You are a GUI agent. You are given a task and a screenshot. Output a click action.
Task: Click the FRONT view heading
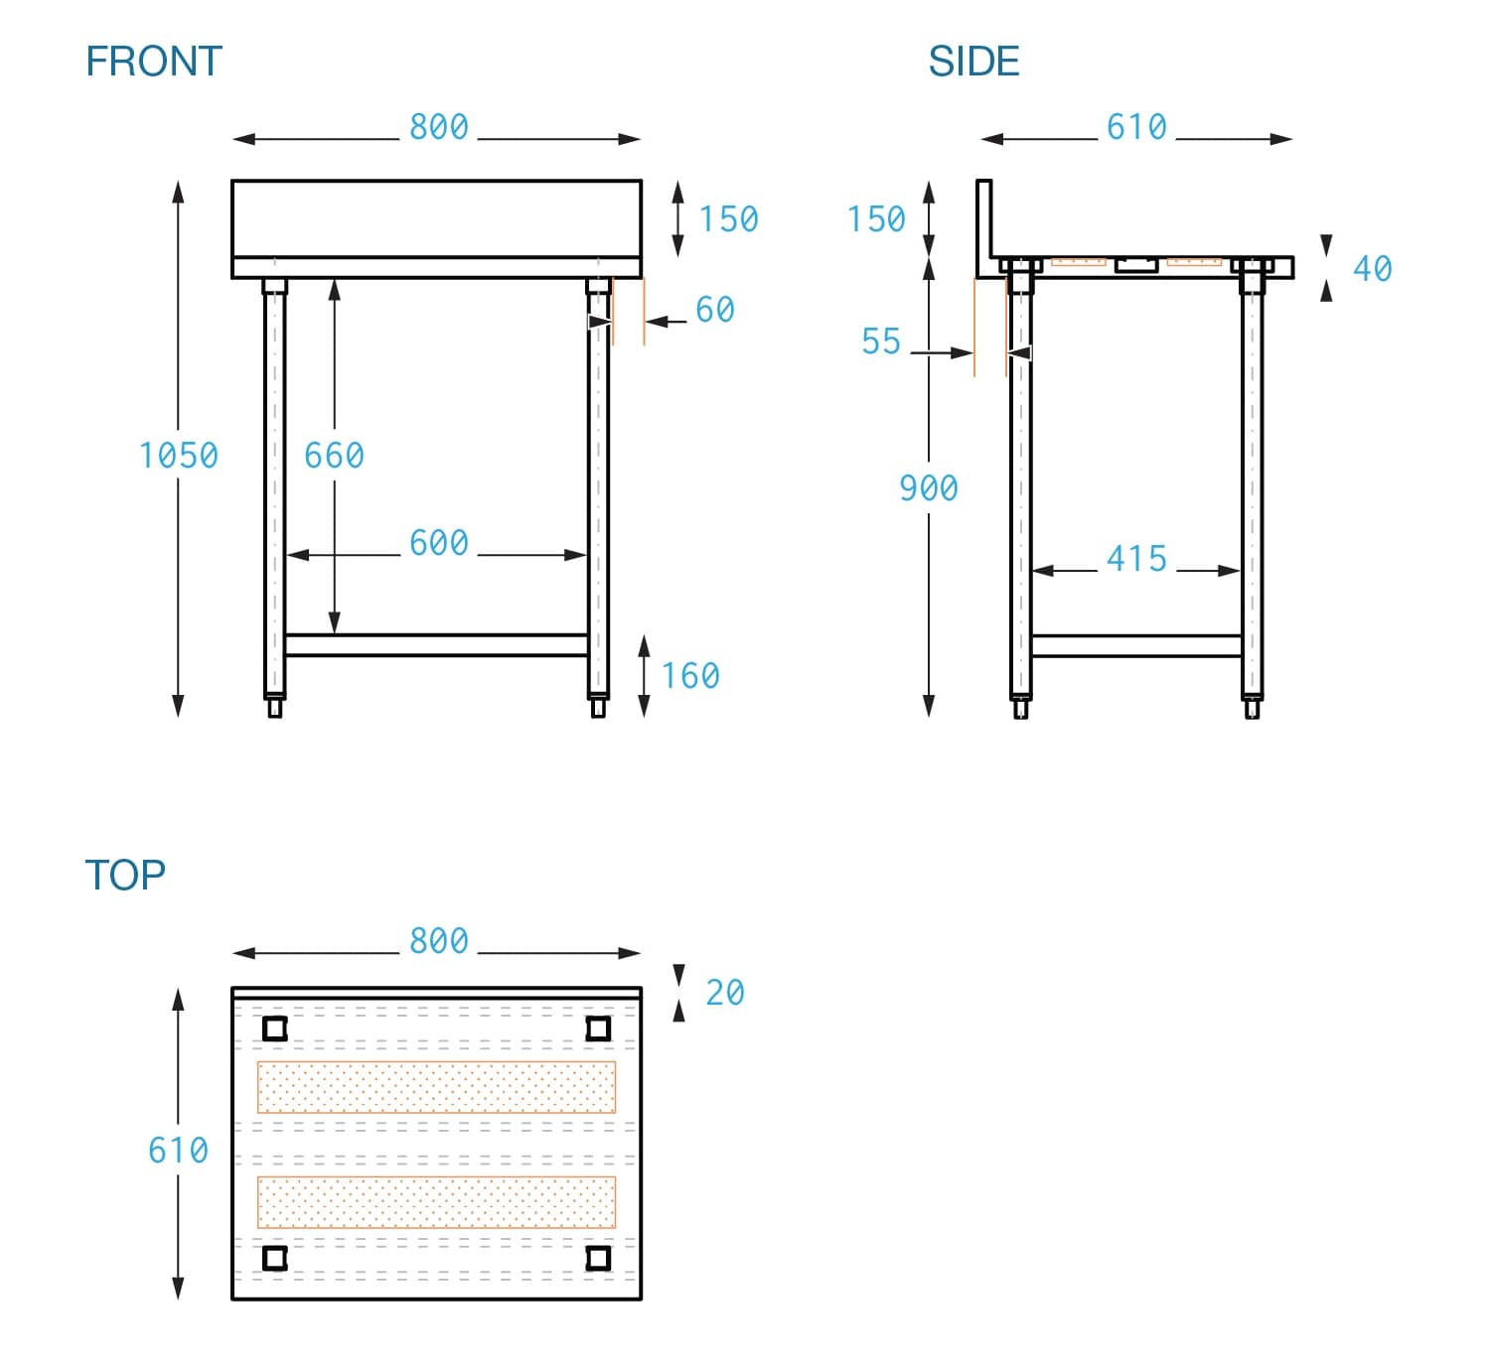(154, 62)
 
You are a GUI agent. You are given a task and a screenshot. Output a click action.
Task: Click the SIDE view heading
(973, 62)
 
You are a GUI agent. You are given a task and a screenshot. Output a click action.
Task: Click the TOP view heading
(125, 875)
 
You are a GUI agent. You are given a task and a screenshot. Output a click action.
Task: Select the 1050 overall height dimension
(178, 456)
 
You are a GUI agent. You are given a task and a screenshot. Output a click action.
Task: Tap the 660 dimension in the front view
(334, 456)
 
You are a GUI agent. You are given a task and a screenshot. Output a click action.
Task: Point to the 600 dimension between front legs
(438, 543)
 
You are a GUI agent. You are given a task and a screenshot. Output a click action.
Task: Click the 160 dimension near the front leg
(690, 676)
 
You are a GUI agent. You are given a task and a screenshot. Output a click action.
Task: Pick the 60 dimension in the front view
(714, 310)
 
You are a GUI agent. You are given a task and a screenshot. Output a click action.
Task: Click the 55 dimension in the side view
(880, 342)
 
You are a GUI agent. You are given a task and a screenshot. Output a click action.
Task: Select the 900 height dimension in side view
(928, 488)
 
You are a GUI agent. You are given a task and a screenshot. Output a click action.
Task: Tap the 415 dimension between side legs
(1136, 559)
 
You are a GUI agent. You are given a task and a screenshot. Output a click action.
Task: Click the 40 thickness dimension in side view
(1372, 269)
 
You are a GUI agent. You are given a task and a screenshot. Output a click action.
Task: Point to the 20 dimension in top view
(724, 993)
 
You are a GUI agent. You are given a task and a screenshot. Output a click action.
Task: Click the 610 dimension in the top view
(178, 1151)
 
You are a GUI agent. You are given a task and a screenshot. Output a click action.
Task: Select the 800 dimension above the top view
(438, 940)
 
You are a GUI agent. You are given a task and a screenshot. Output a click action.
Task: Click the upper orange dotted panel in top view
(436, 1087)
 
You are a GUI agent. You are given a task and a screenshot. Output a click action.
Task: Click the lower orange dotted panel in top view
(436, 1202)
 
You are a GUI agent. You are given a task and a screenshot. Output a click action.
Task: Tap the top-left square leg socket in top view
(275, 1027)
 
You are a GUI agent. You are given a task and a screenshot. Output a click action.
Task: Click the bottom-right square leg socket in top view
(598, 1258)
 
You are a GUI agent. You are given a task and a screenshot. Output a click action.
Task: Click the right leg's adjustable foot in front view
(598, 708)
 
